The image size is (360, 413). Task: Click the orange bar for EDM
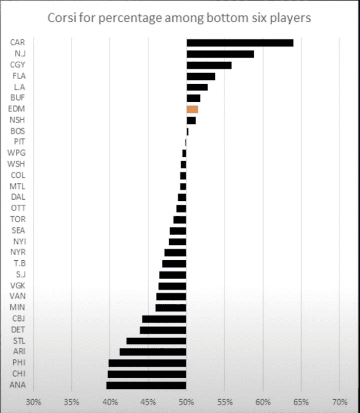coord(192,109)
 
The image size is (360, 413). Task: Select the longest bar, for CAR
coord(240,43)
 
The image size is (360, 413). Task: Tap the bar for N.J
coord(220,54)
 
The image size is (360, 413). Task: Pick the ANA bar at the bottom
coord(146,385)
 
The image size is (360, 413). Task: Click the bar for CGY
coord(209,65)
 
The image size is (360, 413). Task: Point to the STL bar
coord(157,341)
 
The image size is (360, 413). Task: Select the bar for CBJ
coord(164,319)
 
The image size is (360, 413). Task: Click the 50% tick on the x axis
coord(186,401)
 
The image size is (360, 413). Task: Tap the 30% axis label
coord(34,401)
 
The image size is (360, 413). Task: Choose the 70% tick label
coord(339,401)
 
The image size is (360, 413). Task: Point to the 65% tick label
coord(301,401)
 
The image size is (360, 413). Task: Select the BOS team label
coord(18,131)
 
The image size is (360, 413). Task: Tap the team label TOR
coord(18,219)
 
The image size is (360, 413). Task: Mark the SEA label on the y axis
coord(18,231)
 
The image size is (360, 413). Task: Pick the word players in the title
coord(291,18)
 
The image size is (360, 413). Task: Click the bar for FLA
coord(201,76)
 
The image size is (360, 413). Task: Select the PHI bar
coord(147,363)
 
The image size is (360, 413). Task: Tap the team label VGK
coord(18,285)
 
